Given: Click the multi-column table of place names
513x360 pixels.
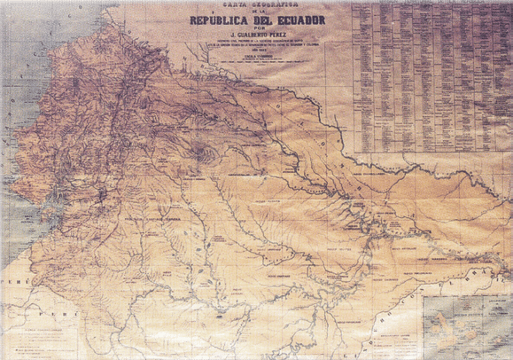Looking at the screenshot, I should [x=431, y=75].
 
